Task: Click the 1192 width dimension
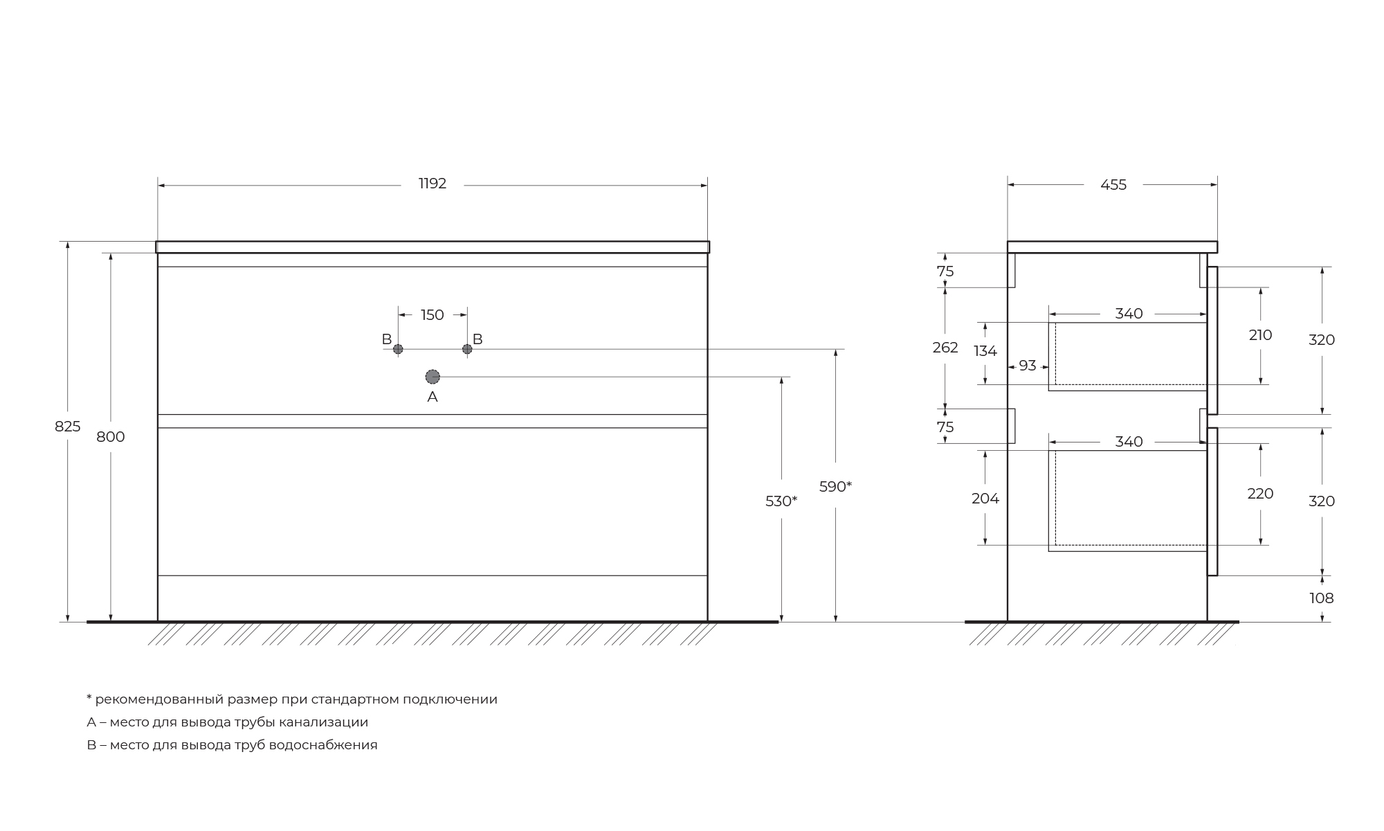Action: [x=432, y=184]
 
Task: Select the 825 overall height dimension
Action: [x=68, y=427]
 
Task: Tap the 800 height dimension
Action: [x=111, y=437]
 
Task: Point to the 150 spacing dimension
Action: [x=432, y=315]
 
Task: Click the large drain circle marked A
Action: [x=432, y=377]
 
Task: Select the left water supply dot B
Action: [x=398, y=349]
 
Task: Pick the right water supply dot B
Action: [x=467, y=349]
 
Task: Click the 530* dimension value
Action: [x=781, y=501]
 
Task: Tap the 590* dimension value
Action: [x=835, y=486]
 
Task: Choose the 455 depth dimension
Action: [x=1113, y=185]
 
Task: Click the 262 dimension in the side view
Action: [x=945, y=348]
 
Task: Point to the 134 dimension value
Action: [x=985, y=351]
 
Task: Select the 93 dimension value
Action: [x=1028, y=365]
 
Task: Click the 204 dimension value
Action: [x=985, y=499]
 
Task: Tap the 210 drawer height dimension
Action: [x=1261, y=335]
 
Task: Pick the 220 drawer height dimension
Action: [x=1261, y=494]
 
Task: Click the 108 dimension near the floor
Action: [x=1322, y=598]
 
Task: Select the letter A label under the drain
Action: [x=432, y=397]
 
